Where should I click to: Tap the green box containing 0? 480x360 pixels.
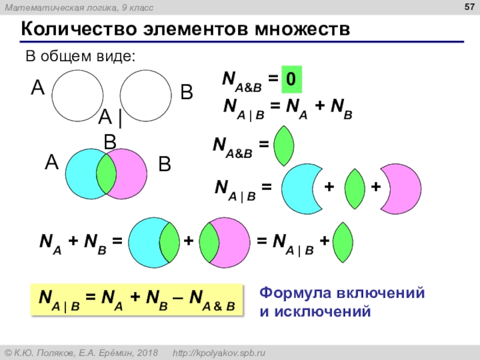pos(290,79)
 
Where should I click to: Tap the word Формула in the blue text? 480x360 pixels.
pos(290,293)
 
